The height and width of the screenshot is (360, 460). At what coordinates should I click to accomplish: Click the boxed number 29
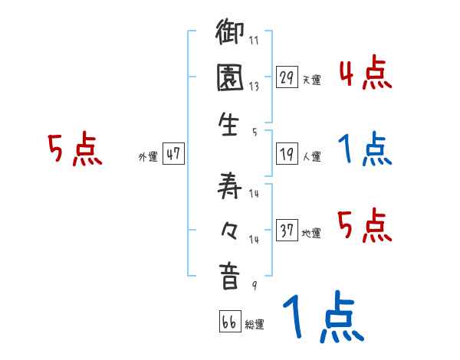point(287,77)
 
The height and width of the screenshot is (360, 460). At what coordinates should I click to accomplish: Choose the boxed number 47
point(173,154)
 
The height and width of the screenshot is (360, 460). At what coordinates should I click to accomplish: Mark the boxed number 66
point(229,322)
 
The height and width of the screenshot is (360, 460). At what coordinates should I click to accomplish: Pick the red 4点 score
point(365,74)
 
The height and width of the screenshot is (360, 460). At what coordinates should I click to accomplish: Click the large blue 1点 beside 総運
point(322,319)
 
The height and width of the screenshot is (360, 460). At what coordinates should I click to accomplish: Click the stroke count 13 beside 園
point(253,86)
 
